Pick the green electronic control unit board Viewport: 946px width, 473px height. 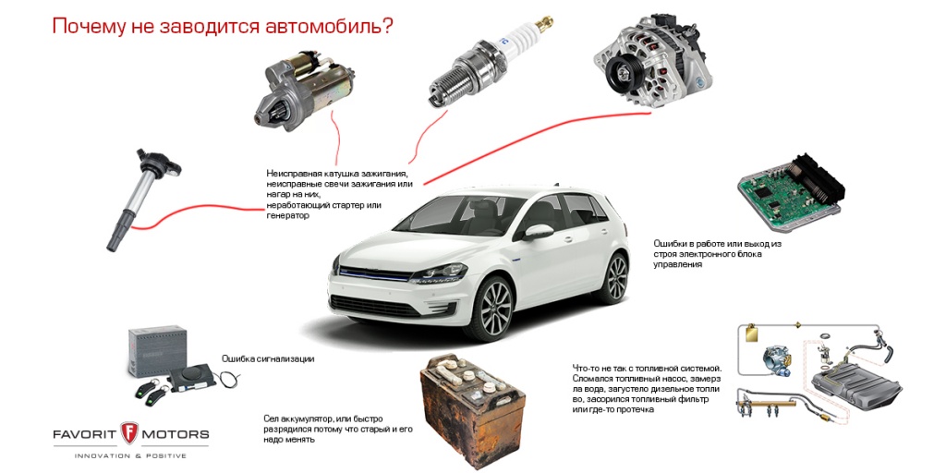pyautogui.click(x=790, y=192)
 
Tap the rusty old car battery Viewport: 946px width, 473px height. pyautogui.click(x=473, y=399)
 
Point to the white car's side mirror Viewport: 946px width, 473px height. pyautogui.click(x=539, y=232)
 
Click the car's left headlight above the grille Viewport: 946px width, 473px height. pyautogui.click(x=438, y=273)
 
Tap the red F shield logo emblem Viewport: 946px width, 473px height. pyautogui.click(x=129, y=433)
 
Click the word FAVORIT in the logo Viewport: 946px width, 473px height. pyautogui.click(x=84, y=434)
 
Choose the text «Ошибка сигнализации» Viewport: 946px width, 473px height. pyautogui.click(x=268, y=359)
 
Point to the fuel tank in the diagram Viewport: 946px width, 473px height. pyautogui.click(x=856, y=385)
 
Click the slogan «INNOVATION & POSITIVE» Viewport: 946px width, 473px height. pyautogui.click(x=130, y=455)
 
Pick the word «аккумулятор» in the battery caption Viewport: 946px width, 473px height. pyautogui.click(x=305, y=418)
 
